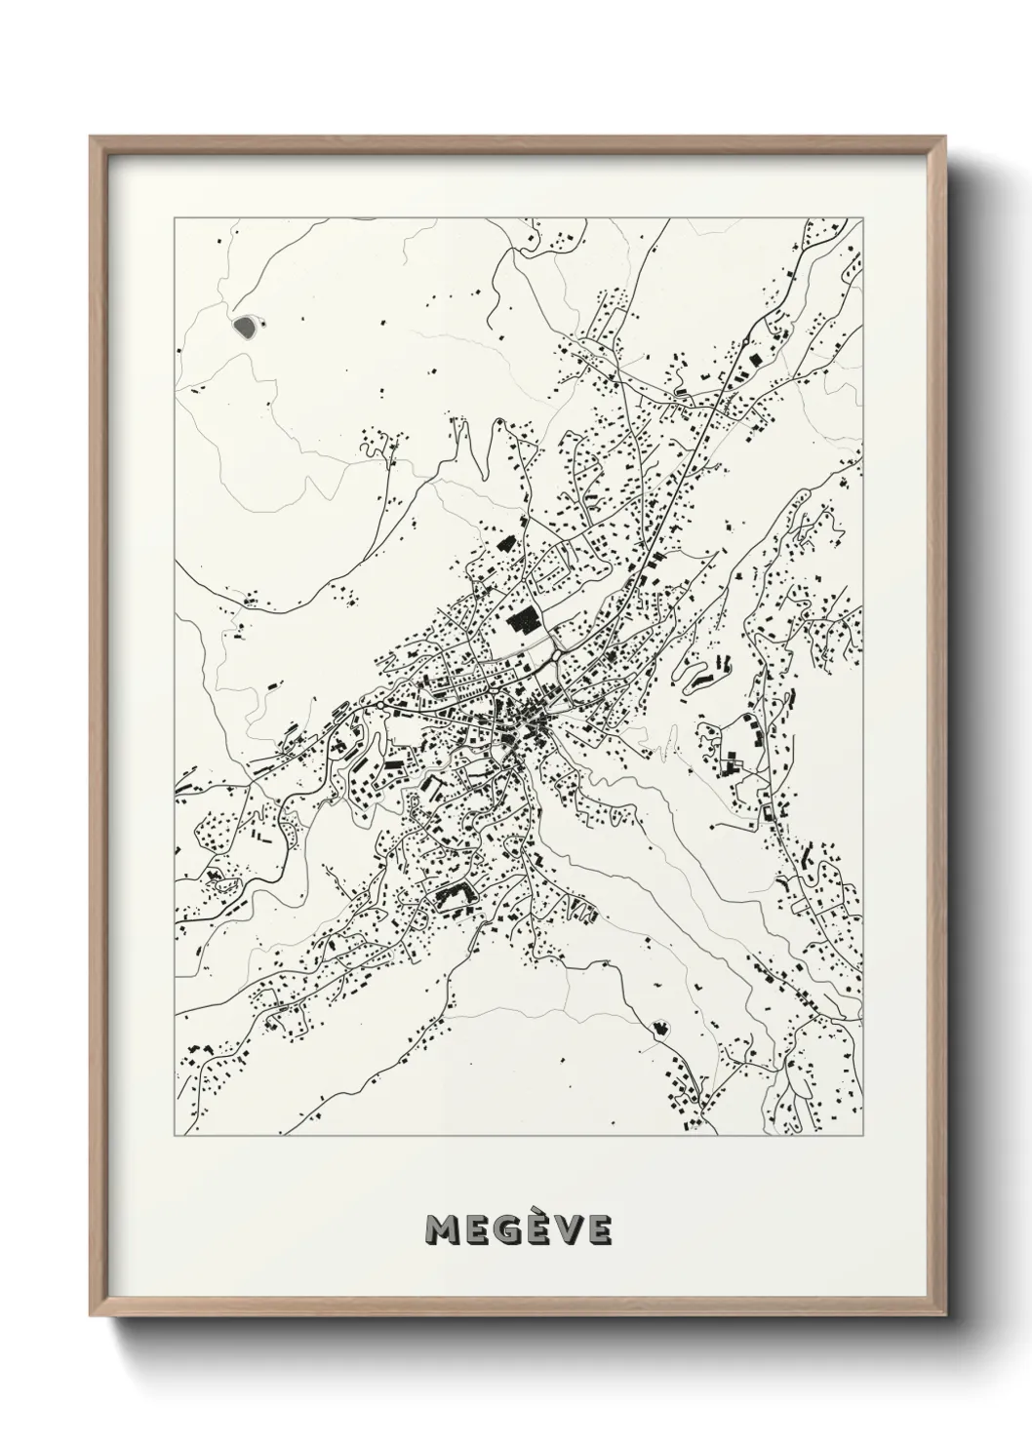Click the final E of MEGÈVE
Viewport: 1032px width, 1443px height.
598,1230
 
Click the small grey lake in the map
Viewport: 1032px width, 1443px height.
246,324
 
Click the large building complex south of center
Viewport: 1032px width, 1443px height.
452,895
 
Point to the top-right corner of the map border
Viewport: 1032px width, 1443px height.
862,218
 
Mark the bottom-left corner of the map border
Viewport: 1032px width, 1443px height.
175,1135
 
